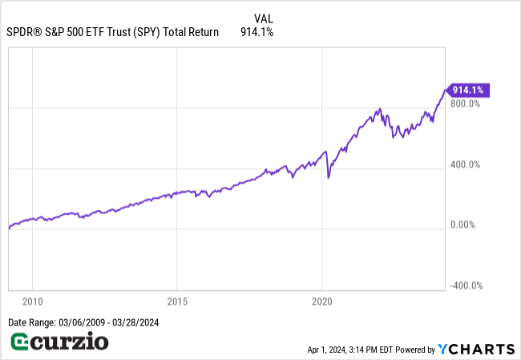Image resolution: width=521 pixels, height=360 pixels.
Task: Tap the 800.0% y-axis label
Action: click(465, 103)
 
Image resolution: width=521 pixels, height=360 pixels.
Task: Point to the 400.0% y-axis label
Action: click(465, 164)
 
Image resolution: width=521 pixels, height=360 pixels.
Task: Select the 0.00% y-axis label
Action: click(464, 225)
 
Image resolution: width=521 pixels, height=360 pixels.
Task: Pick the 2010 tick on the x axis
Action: click(32, 301)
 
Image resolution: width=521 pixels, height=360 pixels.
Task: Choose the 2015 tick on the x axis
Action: click(176, 301)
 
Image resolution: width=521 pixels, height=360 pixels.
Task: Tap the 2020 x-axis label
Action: click(321, 301)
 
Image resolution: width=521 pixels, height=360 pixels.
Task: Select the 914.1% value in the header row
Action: click(257, 33)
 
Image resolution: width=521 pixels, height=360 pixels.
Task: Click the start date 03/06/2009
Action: click(88, 322)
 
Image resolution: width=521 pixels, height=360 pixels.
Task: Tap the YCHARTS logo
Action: click(476, 349)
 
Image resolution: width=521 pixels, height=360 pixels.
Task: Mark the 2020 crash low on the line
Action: click(329, 177)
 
